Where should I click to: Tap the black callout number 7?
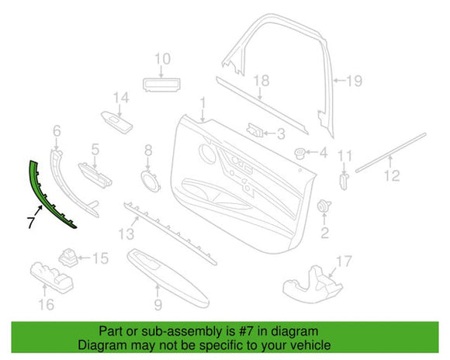(x=31, y=223)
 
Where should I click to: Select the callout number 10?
(x=163, y=58)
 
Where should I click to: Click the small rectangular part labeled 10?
(x=162, y=85)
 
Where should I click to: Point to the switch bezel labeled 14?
(x=116, y=123)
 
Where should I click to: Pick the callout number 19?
(x=355, y=81)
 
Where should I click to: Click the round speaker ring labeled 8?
(x=150, y=182)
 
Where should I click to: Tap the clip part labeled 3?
(x=255, y=130)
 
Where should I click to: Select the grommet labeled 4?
(x=300, y=154)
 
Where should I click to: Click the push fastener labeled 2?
(x=324, y=206)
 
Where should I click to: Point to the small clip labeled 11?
(x=344, y=181)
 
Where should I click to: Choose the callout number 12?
(x=392, y=175)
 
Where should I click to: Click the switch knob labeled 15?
(x=69, y=258)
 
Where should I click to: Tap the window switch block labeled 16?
(x=52, y=278)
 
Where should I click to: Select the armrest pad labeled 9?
(x=168, y=278)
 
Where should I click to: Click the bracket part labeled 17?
(x=312, y=285)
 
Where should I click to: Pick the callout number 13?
(x=126, y=234)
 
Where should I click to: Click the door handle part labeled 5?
(x=95, y=176)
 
